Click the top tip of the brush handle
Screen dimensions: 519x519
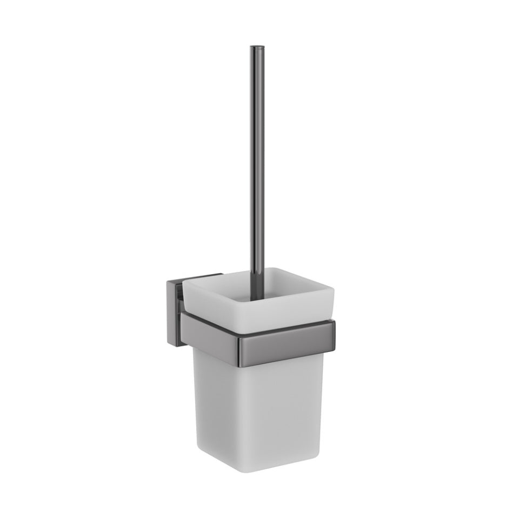click(253, 48)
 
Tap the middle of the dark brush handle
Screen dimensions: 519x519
click(253, 162)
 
